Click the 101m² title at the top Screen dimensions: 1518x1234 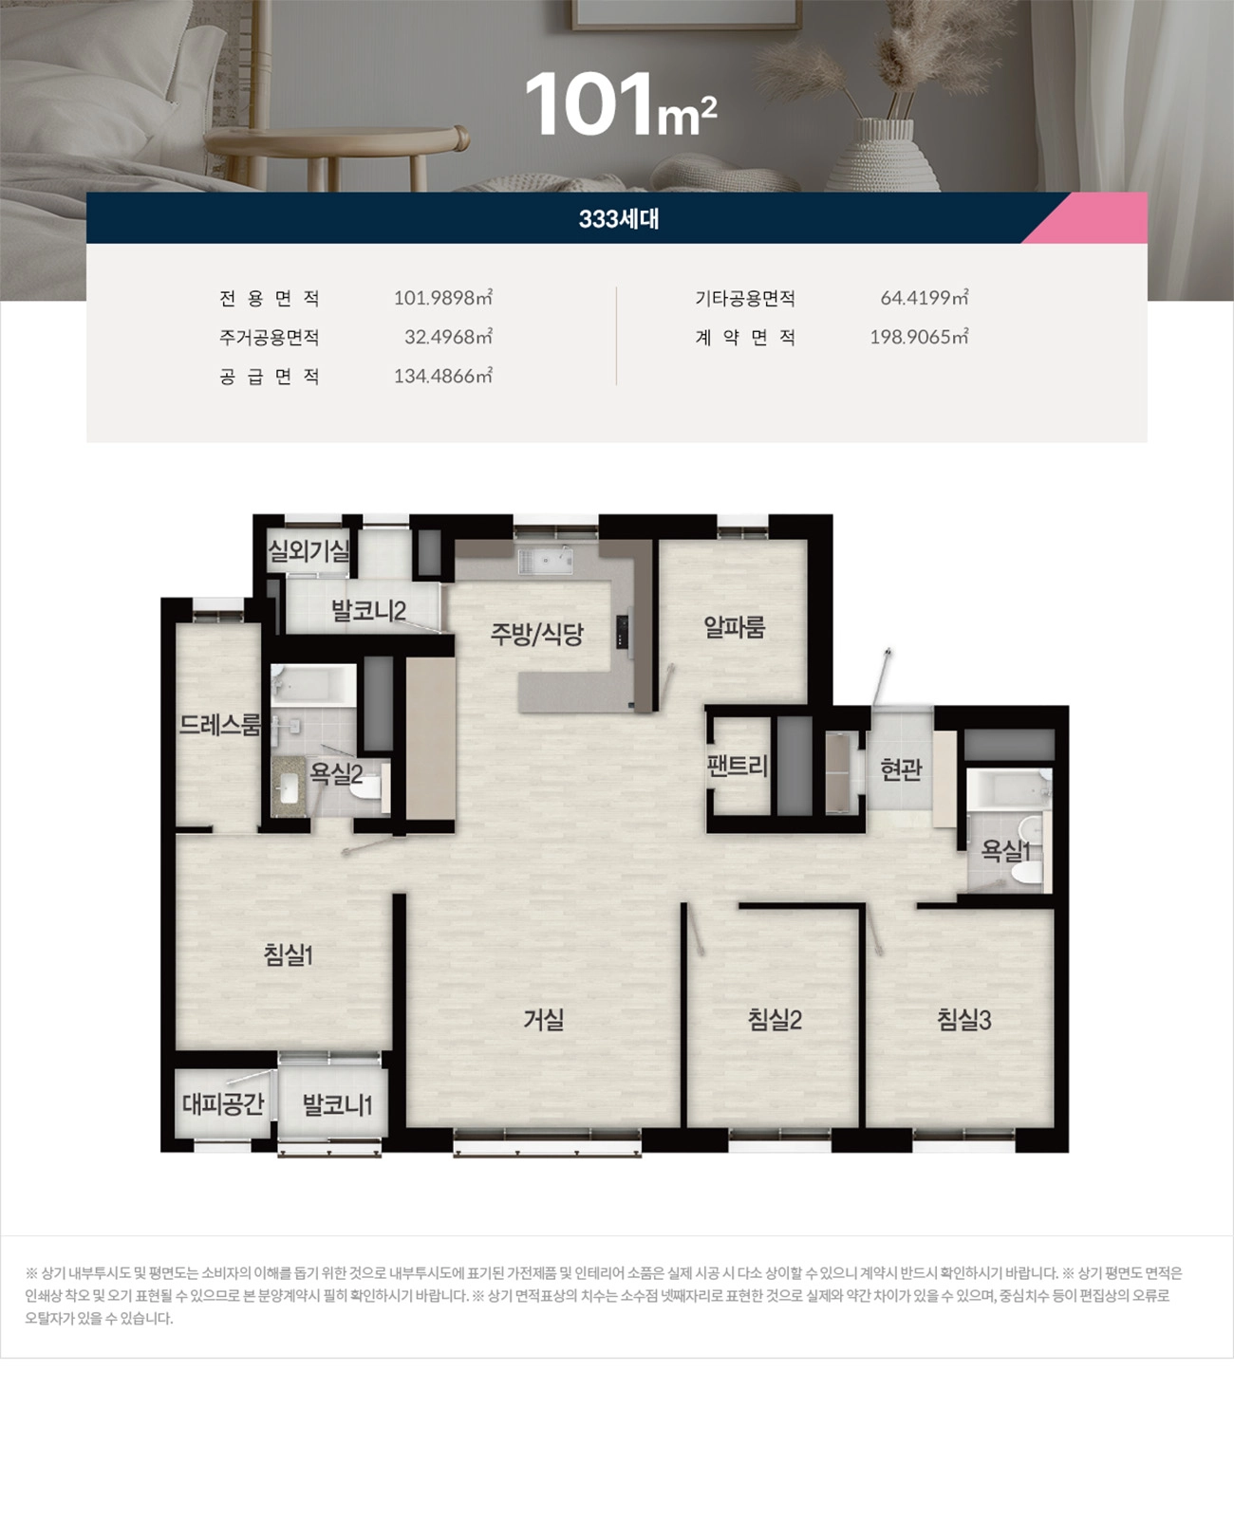click(x=619, y=104)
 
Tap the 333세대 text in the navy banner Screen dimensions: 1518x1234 click(x=619, y=219)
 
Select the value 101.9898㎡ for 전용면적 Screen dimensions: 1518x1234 click(x=442, y=298)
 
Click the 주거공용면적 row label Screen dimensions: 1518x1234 click(x=270, y=338)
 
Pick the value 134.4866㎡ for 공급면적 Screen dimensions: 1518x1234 click(x=442, y=377)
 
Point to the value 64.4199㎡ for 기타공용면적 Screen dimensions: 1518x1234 click(x=924, y=298)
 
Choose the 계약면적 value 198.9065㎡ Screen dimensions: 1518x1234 click(x=919, y=338)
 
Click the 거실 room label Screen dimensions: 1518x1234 click(x=544, y=1020)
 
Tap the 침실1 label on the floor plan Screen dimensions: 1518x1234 click(x=289, y=954)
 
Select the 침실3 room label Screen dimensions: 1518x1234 click(x=963, y=1020)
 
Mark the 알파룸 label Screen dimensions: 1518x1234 click(x=734, y=627)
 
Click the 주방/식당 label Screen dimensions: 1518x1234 click(x=536, y=634)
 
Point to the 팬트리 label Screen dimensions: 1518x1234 click(x=738, y=766)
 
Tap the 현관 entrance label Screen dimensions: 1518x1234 click(x=901, y=768)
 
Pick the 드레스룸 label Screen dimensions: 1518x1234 click(x=219, y=725)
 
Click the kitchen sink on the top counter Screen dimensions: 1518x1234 click(x=545, y=561)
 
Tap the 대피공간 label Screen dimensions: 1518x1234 click(x=223, y=1103)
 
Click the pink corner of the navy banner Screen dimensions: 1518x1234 click(x=1101, y=220)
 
